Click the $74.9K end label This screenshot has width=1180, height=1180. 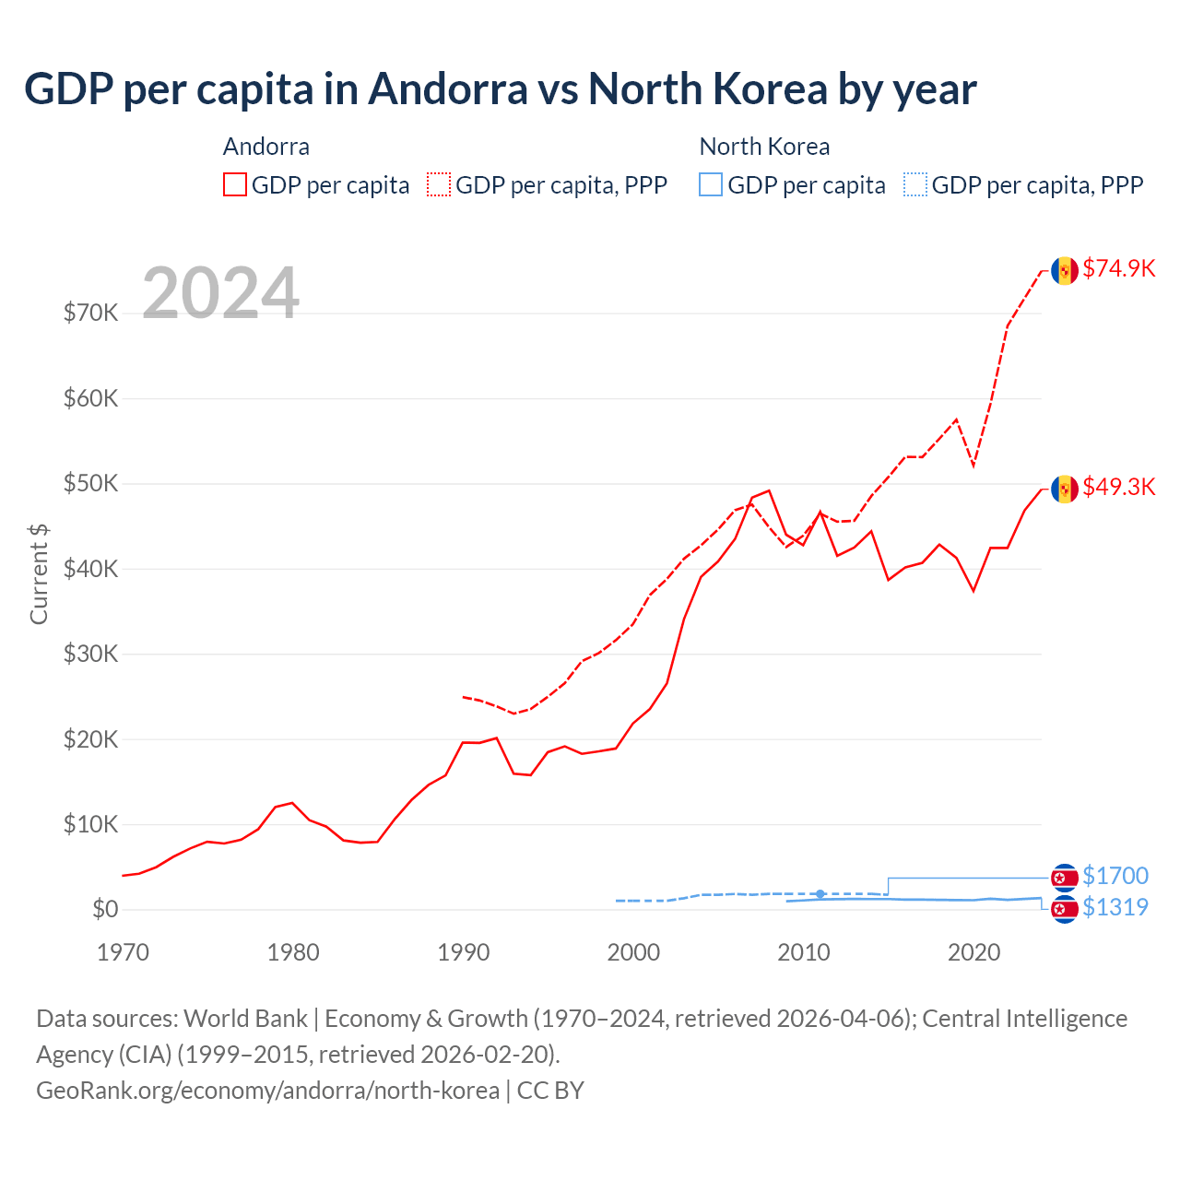point(1118,268)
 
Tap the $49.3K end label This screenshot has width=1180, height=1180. point(1118,487)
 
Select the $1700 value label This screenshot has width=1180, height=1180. point(1115,876)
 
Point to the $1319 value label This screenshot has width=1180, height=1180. point(1115,907)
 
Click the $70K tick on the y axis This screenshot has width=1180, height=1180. point(90,313)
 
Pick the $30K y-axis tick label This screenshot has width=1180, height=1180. point(90,655)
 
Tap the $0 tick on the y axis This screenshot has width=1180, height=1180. point(105,910)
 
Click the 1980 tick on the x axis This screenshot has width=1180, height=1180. point(293,952)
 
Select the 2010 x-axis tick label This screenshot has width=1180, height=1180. point(803,952)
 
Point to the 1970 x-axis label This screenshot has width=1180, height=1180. point(123,952)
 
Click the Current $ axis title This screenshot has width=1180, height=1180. point(39,573)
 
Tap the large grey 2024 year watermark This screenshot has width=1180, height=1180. point(220,293)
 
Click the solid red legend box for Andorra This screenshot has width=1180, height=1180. point(235,184)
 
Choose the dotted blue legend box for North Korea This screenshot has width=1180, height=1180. point(915,184)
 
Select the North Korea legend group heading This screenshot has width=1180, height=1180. point(764,147)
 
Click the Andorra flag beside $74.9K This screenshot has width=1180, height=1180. point(1065,270)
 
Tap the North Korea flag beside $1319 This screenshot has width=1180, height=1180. point(1065,909)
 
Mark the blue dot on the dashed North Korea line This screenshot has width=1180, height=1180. point(820,894)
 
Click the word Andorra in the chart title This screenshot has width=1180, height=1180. point(448,89)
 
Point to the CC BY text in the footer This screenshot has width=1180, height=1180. point(550,1091)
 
